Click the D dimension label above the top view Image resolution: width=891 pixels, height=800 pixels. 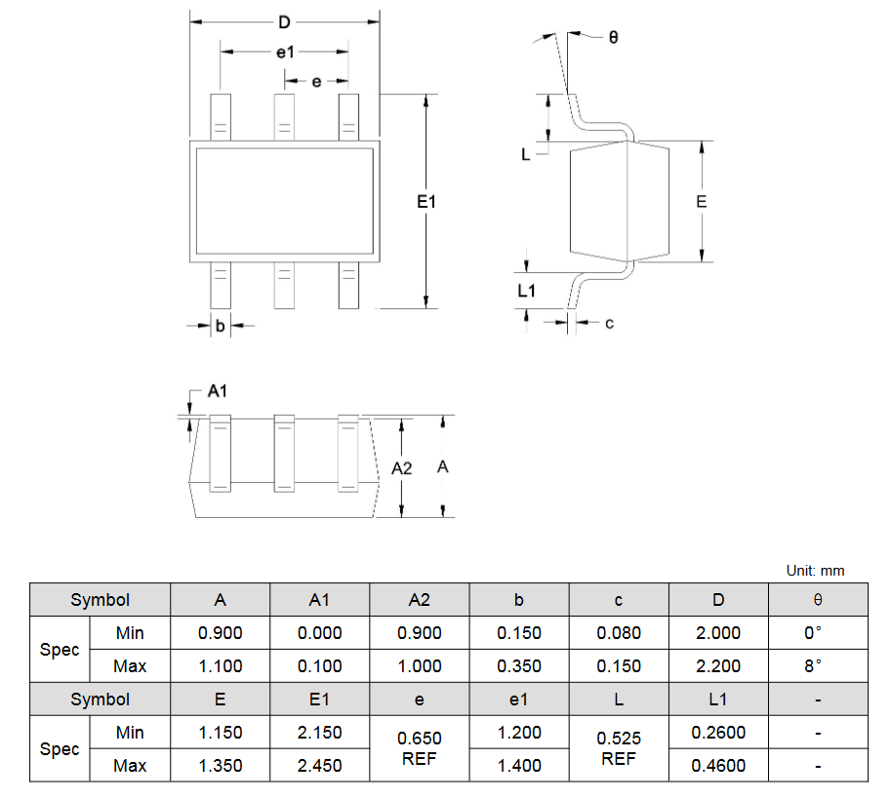[x=284, y=22]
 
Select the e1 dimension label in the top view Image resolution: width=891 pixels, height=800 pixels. [x=285, y=53]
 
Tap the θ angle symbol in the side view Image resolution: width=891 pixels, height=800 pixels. [x=613, y=37]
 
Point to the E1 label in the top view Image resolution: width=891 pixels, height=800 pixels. [x=426, y=202]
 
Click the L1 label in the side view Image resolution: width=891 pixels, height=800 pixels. [x=526, y=291]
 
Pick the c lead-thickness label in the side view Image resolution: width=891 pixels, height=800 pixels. [x=609, y=323]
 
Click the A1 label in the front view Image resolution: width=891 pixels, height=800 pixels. [x=217, y=391]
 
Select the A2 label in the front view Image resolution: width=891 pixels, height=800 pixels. [x=401, y=468]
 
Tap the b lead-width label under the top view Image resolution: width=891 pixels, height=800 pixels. [x=220, y=326]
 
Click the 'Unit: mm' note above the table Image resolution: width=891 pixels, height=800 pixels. [x=815, y=571]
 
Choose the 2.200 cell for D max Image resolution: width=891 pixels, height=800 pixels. [x=718, y=666]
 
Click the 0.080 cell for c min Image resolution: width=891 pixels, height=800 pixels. [x=619, y=633]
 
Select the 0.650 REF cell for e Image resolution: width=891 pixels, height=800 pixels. [x=420, y=748]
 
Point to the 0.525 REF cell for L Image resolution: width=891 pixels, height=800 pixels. [x=619, y=748]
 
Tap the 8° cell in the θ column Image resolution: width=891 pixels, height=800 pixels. [x=813, y=666]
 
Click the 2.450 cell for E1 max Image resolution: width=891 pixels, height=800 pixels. [x=319, y=765]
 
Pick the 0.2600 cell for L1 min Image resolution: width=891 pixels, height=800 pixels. [x=718, y=733]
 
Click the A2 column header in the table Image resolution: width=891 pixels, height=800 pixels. [x=420, y=600]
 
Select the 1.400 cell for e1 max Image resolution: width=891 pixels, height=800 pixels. [x=519, y=765]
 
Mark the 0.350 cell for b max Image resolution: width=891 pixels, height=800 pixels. [x=519, y=666]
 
